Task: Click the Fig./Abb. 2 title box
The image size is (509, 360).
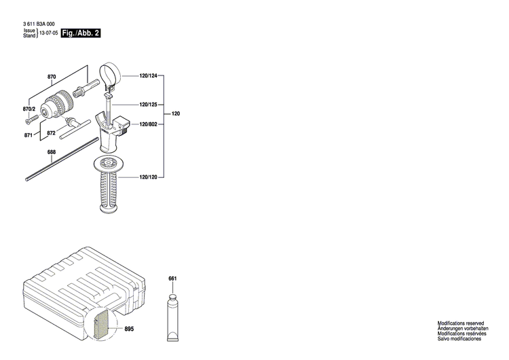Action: [x=81, y=33]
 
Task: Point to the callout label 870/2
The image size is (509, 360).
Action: [x=28, y=109]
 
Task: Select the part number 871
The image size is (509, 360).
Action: [x=28, y=135]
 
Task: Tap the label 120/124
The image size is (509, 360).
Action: [x=148, y=77]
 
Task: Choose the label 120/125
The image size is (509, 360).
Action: [x=148, y=105]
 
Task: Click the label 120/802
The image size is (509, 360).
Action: [x=148, y=124]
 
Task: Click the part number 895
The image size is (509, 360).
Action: [x=130, y=311]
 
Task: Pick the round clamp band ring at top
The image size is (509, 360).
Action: [x=109, y=73]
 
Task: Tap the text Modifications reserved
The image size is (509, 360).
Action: [x=460, y=323]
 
